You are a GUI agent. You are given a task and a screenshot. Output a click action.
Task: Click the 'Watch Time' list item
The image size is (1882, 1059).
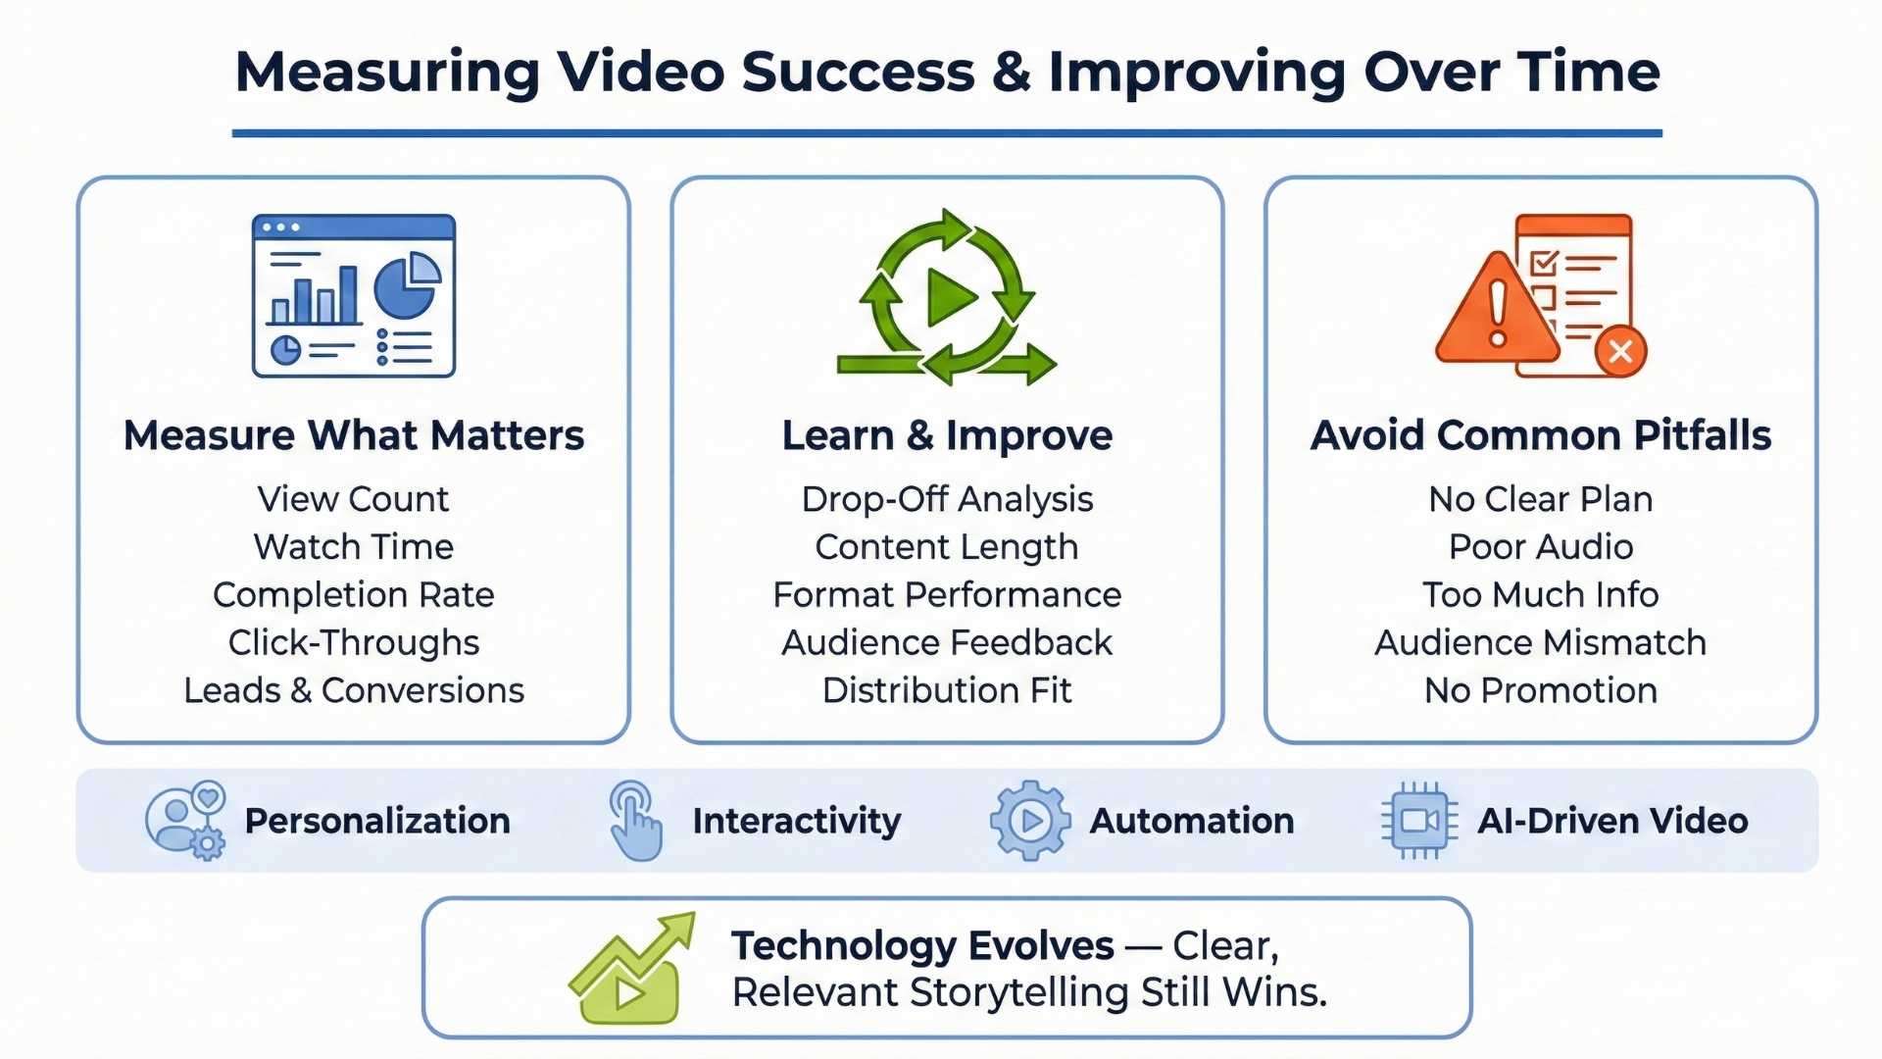(x=354, y=547)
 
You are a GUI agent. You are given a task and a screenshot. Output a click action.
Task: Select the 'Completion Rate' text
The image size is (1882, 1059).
(x=354, y=595)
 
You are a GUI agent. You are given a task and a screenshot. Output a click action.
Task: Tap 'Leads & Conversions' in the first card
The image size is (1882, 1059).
(x=354, y=690)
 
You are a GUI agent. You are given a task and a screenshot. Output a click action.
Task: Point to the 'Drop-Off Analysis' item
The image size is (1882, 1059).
(x=947, y=499)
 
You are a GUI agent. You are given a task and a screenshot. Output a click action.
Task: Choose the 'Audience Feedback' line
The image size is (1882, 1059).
(x=947, y=643)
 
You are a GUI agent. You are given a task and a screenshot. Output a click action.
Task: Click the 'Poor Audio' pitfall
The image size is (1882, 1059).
(x=1541, y=547)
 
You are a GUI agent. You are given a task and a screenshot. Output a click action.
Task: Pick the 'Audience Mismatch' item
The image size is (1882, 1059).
(x=1541, y=643)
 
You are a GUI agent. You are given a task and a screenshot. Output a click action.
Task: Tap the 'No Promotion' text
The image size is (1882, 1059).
(x=1541, y=690)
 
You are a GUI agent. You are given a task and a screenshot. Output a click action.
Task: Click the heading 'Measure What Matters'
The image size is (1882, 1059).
(x=354, y=435)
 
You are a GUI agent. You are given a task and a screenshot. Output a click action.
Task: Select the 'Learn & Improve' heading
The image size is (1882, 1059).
(x=947, y=435)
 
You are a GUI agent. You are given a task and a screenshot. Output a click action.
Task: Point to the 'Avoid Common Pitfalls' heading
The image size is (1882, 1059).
(x=1541, y=435)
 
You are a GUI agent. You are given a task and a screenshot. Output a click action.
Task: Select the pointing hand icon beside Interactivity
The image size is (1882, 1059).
(x=635, y=821)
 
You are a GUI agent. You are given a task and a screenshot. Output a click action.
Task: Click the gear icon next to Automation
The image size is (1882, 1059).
(x=1029, y=821)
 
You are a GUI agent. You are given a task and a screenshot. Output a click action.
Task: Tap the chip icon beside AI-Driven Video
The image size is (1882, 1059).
(x=1418, y=821)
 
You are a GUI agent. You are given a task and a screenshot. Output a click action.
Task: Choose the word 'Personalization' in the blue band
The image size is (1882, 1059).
(x=377, y=821)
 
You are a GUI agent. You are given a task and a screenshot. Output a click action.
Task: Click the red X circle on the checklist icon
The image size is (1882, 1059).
(x=1620, y=351)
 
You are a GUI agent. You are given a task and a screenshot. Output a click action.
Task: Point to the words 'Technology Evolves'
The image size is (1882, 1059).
(x=922, y=946)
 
